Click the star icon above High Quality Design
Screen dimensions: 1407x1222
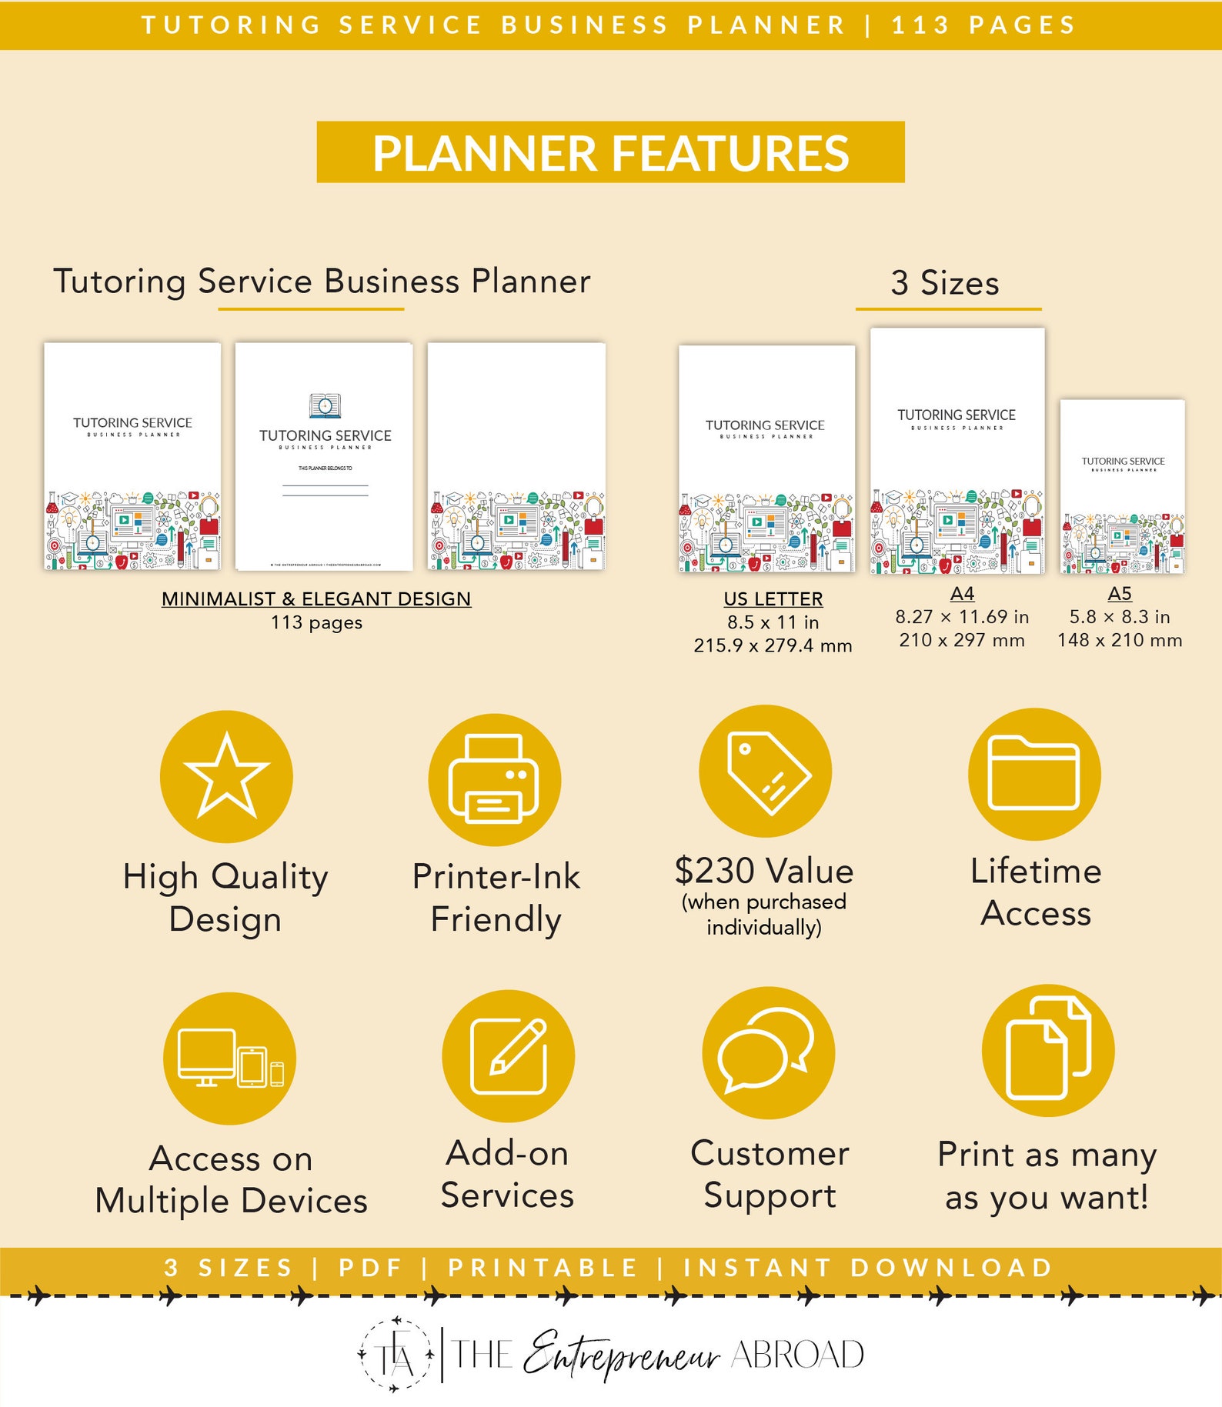[x=226, y=776]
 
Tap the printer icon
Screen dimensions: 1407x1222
[x=494, y=779]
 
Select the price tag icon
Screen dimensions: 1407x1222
[x=766, y=772]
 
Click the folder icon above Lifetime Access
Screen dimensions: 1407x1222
[x=1034, y=774]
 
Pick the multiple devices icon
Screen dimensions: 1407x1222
[x=229, y=1058]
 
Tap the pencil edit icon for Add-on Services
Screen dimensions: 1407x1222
[x=508, y=1055]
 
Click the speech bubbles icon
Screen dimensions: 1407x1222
[x=768, y=1052]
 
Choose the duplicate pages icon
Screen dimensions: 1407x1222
[x=1048, y=1050]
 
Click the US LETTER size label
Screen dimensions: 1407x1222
[x=773, y=598]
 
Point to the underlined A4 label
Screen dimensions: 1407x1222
[x=962, y=594]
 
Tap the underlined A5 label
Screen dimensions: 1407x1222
[x=1120, y=594]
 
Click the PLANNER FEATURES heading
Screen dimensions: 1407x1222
[x=611, y=152]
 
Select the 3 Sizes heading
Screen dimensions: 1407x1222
[x=945, y=283]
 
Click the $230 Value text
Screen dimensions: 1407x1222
[x=764, y=871]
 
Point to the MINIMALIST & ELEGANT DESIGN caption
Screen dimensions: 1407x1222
[x=316, y=598]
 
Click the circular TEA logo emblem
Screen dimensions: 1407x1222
[x=396, y=1355]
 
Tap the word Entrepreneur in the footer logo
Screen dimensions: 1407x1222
[x=621, y=1355]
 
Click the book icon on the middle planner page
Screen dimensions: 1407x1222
[x=325, y=405]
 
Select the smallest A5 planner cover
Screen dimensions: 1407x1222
[x=1123, y=486]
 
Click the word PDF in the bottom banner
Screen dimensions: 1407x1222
[x=372, y=1268]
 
